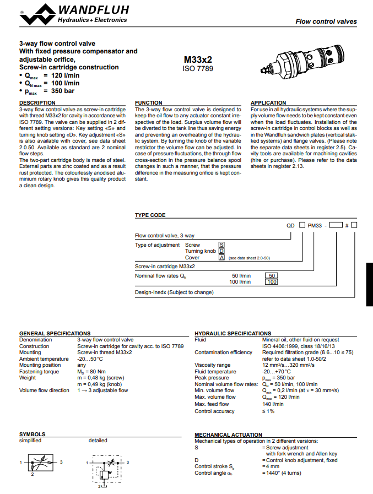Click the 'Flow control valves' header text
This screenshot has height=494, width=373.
click(x=326, y=22)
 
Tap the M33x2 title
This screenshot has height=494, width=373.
click(x=198, y=60)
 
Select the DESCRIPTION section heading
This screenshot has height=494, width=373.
click(x=37, y=103)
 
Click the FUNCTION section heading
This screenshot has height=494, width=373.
click(x=149, y=103)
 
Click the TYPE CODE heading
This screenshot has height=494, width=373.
click(x=150, y=215)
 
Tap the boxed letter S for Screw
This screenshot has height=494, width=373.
click(x=221, y=245)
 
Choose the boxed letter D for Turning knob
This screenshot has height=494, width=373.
click(x=221, y=251)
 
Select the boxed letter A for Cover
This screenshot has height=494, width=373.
click(x=221, y=258)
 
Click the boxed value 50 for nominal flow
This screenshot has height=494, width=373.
click(x=272, y=275)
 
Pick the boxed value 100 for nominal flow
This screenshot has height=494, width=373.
click(x=272, y=282)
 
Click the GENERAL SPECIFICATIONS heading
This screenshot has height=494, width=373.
click(x=55, y=333)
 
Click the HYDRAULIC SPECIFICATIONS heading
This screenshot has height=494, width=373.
click(x=233, y=333)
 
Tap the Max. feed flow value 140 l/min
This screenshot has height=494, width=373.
click(x=273, y=404)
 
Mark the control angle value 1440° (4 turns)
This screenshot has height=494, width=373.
click(x=284, y=473)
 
